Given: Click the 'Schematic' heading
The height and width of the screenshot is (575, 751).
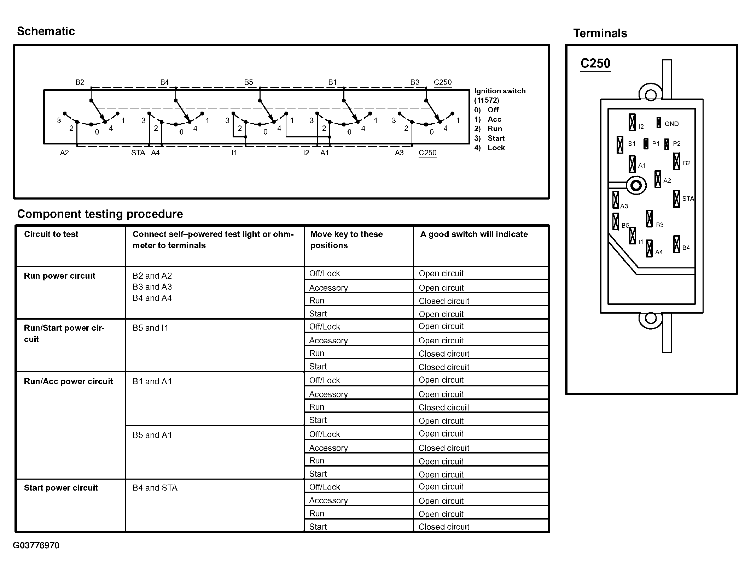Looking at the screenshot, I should [x=46, y=31].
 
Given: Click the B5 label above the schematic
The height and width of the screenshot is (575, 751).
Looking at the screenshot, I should [x=249, y=82].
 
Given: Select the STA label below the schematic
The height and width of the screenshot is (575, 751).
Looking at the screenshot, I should [x=138, y=153].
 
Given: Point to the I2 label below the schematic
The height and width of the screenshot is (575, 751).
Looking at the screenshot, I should [x=306, y=153].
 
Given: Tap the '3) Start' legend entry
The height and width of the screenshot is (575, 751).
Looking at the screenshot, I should [x=490, y=138].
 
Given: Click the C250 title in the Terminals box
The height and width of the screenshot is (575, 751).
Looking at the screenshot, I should [x=595, y=64].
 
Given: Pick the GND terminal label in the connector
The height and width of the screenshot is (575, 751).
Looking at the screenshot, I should [x=671, y=124].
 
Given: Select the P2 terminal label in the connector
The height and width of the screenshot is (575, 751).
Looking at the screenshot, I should [x=676, y=144].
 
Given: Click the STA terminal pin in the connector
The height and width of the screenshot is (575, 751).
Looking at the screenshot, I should [x=676, y=199].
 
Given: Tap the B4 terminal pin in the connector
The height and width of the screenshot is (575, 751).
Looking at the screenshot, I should [x=676, y=244].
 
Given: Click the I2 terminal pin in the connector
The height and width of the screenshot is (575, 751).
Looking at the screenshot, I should [x=632, y=123].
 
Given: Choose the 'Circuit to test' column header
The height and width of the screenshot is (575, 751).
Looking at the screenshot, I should [x=51, y=234].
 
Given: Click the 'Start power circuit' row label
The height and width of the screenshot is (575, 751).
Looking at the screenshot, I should [x=61, y=488].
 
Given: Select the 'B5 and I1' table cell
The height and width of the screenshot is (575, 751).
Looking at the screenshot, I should [x=151, y=328].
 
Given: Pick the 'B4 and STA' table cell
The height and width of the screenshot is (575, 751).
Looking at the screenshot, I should [x=155, y=488].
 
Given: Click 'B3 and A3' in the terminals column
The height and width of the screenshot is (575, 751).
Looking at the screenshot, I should [x=152, y=287].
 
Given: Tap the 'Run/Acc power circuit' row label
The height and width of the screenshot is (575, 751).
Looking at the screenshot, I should [x=68, y=381].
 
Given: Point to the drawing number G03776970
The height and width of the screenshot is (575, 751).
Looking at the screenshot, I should [x=36, y=545].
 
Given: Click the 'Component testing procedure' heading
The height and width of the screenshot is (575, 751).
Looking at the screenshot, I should [x=100, y=214].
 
